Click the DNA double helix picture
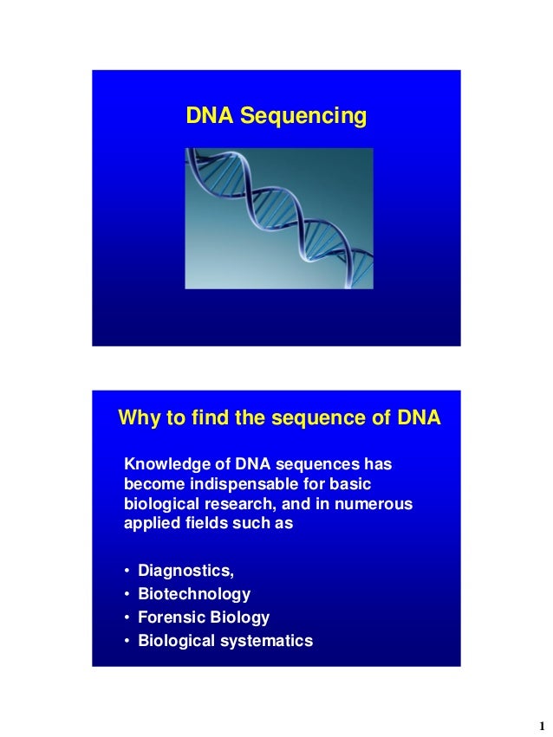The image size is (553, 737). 278,217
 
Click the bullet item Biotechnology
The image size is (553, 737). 194,594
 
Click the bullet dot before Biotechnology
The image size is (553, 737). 127,595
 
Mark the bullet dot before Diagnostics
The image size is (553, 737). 127,572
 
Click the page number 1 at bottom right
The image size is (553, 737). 540,725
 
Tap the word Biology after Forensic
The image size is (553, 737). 239,617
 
